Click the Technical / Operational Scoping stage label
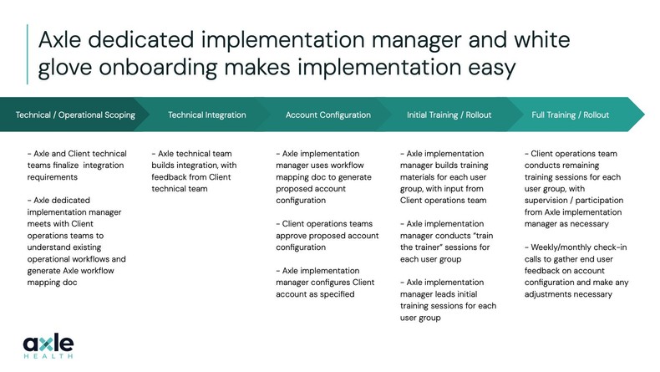coord(75,115)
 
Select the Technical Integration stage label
coord(207,115)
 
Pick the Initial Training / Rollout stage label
coord(449,115)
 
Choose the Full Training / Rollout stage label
coord(571,115)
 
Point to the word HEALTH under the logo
coord(49,357)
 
